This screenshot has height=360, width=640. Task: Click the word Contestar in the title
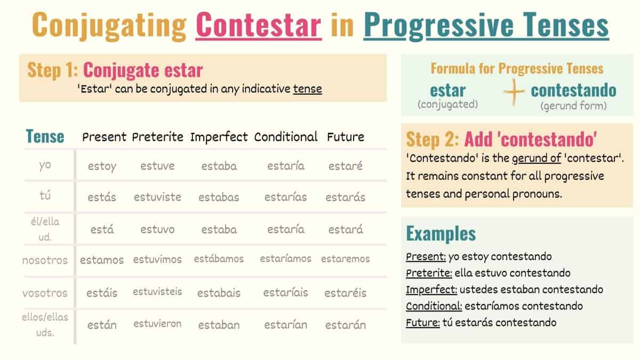(x=259, y=26)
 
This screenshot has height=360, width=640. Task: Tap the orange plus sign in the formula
(x=514, y=92)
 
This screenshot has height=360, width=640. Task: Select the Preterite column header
(x=158, y=137)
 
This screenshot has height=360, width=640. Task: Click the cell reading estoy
(x=102, y=166)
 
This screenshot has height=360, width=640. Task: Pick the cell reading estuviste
(x=157, y=197)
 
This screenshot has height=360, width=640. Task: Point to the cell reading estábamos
(x=219, y=259)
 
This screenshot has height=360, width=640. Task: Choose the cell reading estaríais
(x=285, y=293)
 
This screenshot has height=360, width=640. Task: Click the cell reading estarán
(x=345, y=325)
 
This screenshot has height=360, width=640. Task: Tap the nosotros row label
(x=45, y=260)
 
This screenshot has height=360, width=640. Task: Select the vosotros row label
(x=45, y=293)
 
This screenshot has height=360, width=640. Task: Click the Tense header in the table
(x=45, y=137)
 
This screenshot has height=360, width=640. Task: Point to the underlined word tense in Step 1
(x=307, y=89)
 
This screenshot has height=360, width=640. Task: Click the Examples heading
(x=441, y=233)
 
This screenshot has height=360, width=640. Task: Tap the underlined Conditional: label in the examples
(x=434, y=306)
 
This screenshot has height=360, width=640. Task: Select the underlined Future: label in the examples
(x=422, y=322)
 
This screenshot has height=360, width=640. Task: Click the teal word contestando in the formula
(x=573, y=90)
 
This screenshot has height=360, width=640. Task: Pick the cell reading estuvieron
(x=157, y=324)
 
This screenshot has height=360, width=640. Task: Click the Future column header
(x=346, y=137)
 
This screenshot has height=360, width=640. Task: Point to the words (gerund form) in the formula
(x=573, y=106)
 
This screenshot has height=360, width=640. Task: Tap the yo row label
(x=45, y=165)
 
